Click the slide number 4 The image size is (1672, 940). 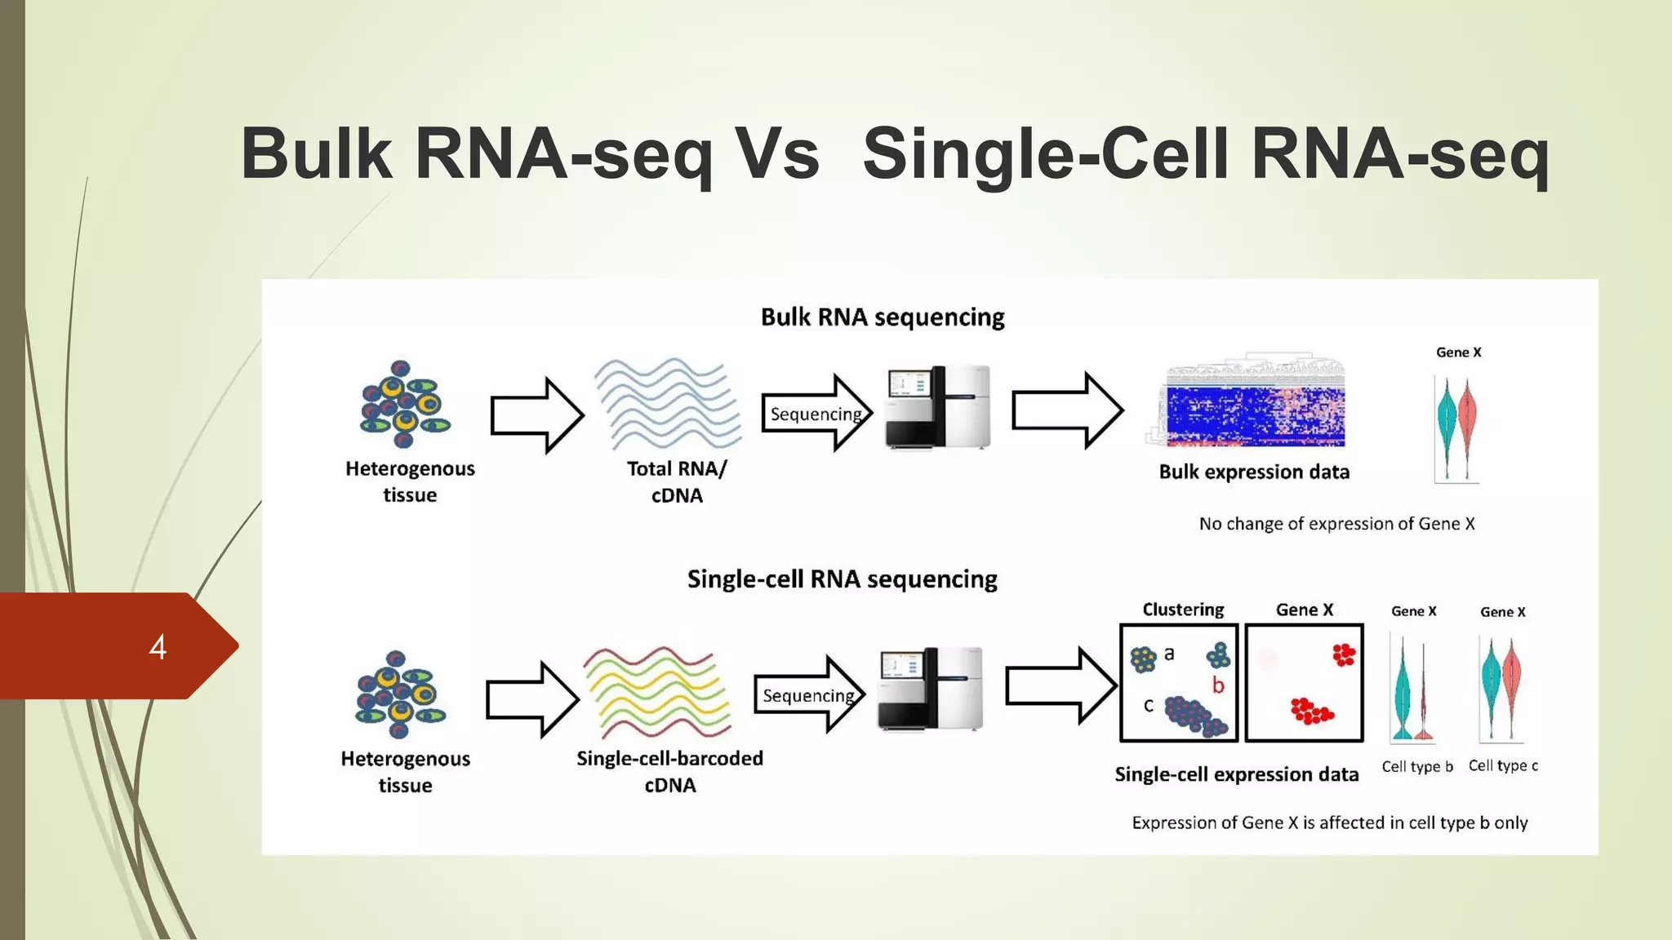pos(158,647)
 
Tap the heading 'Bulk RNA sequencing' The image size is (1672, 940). pos(882,317)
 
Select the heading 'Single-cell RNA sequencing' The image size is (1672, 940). pos(842,579)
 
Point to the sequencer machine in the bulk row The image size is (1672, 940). pos(939,407)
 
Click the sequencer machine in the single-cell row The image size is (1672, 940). pos(931,689)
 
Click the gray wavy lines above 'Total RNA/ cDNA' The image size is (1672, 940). pos(668,403)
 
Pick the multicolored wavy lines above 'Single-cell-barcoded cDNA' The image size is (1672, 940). pos(658,693)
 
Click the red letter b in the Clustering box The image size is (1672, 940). pos(1218,685)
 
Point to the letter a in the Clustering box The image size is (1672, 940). pos(1169,653)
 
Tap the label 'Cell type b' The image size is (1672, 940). pos(1416,766)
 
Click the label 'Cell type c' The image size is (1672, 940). pos(1502,765)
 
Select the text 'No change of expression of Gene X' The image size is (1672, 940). pos(1336,524)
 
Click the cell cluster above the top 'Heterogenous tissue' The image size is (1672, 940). pos(405,404)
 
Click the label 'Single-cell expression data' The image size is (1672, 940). pos(1236,774)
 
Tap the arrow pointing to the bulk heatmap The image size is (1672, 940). pos(1067,410)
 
